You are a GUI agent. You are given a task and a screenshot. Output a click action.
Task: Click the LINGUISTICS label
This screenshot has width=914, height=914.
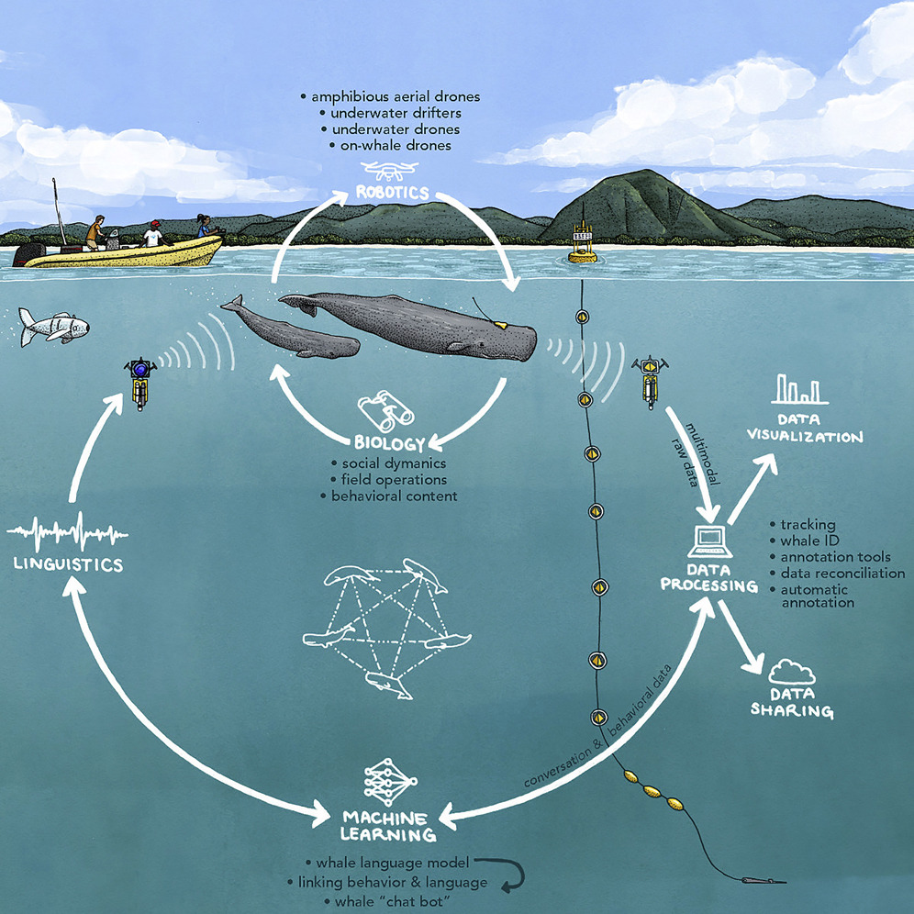tap(68, 564)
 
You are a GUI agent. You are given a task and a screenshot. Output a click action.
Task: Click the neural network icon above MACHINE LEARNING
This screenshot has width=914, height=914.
tap(385, 781)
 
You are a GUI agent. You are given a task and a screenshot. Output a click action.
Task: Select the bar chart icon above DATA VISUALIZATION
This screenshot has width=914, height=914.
tap(797, 390)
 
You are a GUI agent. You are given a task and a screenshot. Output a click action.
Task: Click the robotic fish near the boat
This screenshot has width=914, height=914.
tap(53, 325)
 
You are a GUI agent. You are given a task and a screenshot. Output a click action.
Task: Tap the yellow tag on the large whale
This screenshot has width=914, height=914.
tap(501, 324)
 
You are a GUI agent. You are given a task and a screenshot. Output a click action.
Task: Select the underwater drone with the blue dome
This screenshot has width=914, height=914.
tap(139, 377)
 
